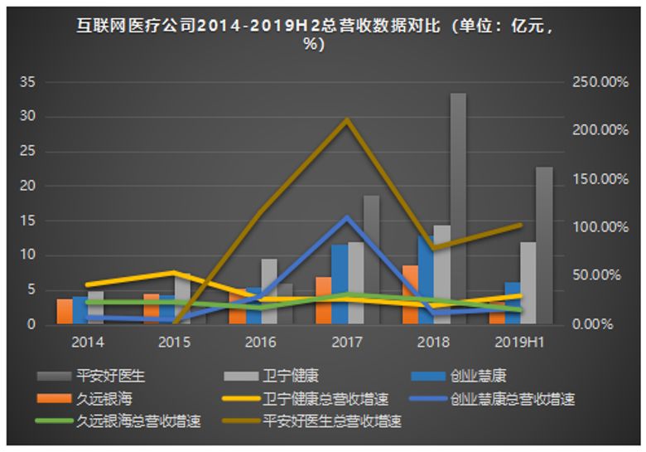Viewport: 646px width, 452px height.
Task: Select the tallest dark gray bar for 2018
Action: tap(458, 207)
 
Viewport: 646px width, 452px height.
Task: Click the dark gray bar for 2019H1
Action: tap(543, 245)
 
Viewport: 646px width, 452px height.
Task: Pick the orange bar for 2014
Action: tap(64, 311)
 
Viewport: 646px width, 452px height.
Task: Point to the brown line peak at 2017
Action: tap(346, 120)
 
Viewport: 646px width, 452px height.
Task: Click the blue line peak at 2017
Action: tap(346, 218)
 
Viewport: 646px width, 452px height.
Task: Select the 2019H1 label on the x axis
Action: tap(518, 342)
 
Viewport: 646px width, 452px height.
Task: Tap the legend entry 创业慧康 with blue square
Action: tap(476, 377)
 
